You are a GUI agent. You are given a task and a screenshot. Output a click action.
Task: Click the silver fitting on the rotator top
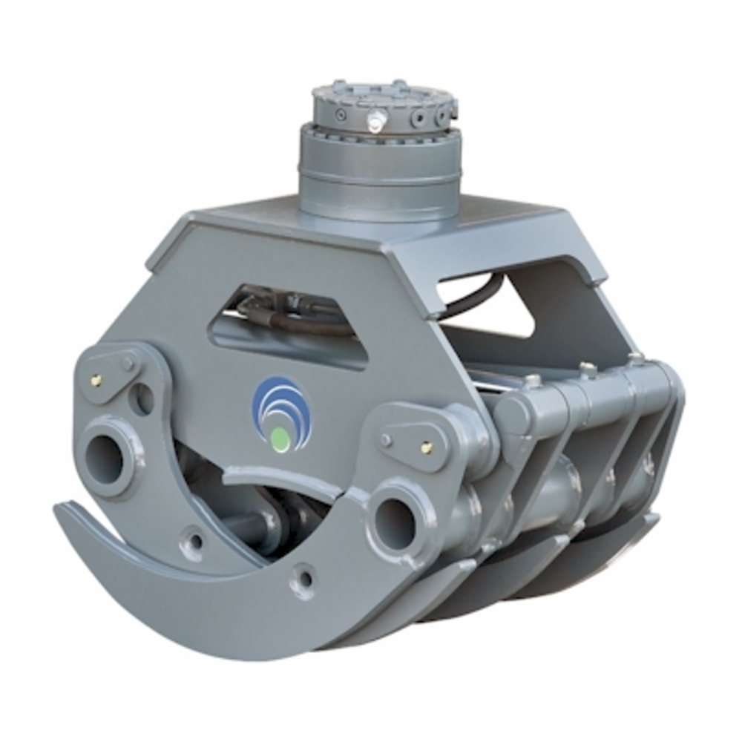[x=377, y=120]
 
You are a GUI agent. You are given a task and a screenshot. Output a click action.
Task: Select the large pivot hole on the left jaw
[x=107, y=459]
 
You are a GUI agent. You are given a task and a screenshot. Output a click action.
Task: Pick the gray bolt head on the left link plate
[x=128, y=364]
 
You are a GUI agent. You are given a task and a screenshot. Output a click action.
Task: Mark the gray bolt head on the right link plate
[x=385, y=439]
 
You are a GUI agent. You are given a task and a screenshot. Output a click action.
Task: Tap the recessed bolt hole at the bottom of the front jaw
[x=303, y=579]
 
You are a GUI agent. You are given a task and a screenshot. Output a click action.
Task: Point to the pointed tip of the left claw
[x=59, y=509]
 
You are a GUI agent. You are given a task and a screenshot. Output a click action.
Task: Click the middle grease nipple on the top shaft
[x=588, y=368]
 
